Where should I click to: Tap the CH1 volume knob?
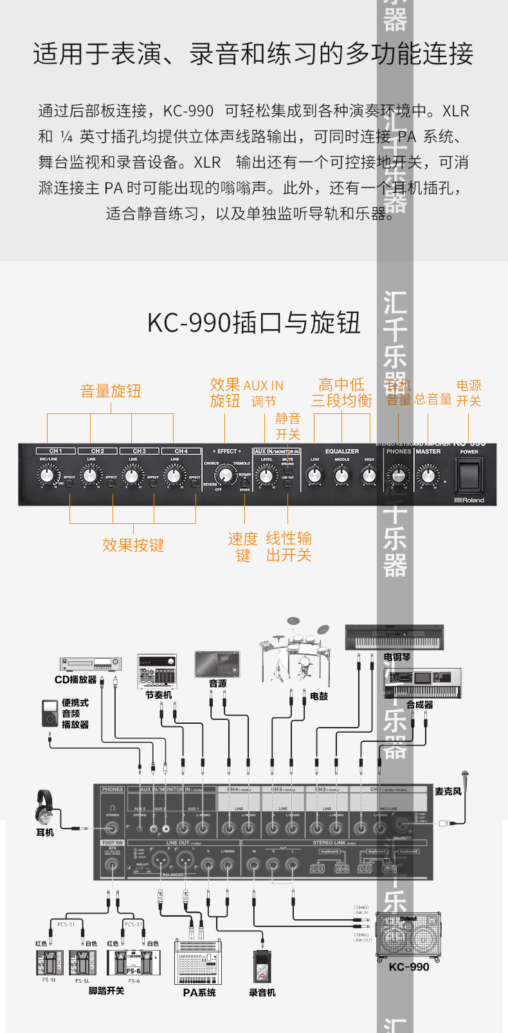(x=48, y=476)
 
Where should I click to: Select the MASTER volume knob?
(x=428, y=476)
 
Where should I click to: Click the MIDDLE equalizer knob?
(x=341, y=476)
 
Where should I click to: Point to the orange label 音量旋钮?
(x=111, y=391)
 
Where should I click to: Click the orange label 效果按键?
(x=133, y=545)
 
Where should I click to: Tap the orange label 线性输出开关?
(x=289, y=546)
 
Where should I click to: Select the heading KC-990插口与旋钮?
(x=253, y=323)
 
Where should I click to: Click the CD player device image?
(x=90, y=664)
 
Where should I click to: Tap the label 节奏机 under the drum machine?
(x=158, y=695)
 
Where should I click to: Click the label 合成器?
(x=419, y=705)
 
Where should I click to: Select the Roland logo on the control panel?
(x=469, y=499)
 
